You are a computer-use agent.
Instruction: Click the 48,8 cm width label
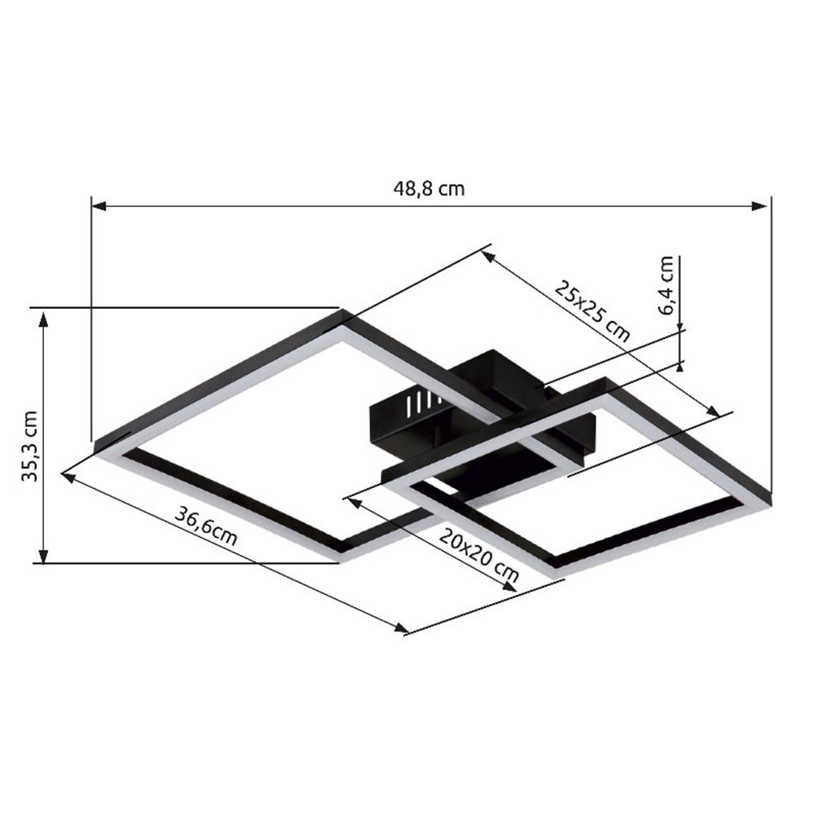click(x=429, y=189)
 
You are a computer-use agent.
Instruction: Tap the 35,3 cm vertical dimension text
click(x=30, y=447)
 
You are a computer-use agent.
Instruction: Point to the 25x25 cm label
click(x=593, y=310)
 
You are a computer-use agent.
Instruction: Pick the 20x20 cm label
click(x=478, y=554)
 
